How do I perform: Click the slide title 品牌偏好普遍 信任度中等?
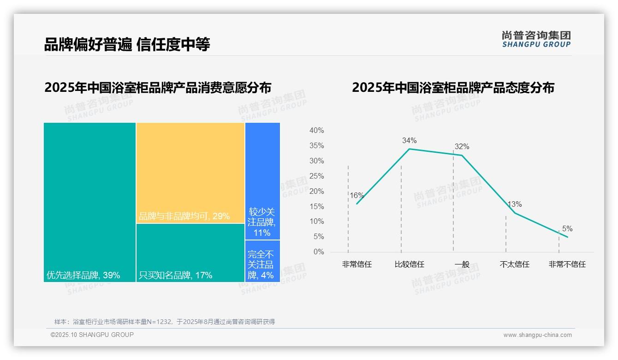(x=127, y=44)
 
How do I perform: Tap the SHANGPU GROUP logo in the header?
(x=536, y=39)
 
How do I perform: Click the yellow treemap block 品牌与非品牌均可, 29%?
(x=190, y=173)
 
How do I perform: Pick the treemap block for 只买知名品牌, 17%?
(x=190, y=252)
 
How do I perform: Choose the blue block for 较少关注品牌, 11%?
(x=262, y=181)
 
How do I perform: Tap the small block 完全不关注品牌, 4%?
(x=262, y=261)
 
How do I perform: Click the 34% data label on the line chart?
(x=409, y=140)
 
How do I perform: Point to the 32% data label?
(x=462, y=147)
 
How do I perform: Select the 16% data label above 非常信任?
(x=357, y=195)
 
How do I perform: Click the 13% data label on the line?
(x=515, y=204)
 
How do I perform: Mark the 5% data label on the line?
(x=567, y=229)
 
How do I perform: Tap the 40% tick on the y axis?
(x=316, y=131)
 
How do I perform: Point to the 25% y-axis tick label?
(x=316, y=176)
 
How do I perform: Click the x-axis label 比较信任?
(x=409, y=264)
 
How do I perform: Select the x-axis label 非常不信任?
(x=567, y=264)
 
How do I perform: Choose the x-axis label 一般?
(x=462, y=264)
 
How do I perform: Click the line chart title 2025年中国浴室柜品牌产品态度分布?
(x=453, y=88)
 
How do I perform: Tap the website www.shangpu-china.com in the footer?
(x=537, y=335)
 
